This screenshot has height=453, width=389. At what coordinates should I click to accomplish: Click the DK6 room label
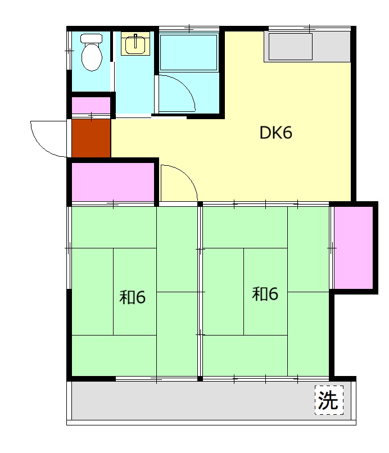click(275, 133)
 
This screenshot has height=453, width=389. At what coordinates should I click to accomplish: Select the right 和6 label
click(265, 293)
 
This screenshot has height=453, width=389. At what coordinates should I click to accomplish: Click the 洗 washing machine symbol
click(329, 400)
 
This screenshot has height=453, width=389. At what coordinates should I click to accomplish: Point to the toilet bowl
click(92, 57)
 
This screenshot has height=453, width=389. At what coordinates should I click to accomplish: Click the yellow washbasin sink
click(135, 43)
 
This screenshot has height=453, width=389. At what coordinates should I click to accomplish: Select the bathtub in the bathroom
click(188, 52)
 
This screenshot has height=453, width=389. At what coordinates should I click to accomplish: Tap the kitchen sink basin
click(291, 47)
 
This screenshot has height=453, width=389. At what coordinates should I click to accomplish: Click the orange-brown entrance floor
click(91, 138)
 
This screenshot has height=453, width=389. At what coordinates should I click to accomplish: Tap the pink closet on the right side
click(354, 248)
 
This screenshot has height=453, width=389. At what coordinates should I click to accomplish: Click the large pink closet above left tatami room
click(113, 182)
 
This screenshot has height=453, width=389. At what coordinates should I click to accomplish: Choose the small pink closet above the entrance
click(91, 106)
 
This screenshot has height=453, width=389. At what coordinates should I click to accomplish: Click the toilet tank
click(91, 38)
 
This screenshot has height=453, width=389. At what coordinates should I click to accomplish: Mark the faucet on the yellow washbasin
click(135, 40)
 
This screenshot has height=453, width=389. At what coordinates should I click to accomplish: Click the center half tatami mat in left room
click(135, 292)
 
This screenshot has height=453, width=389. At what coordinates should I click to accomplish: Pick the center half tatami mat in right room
click(265, 292)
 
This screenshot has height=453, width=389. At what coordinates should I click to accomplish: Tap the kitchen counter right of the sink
click(332, 47)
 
